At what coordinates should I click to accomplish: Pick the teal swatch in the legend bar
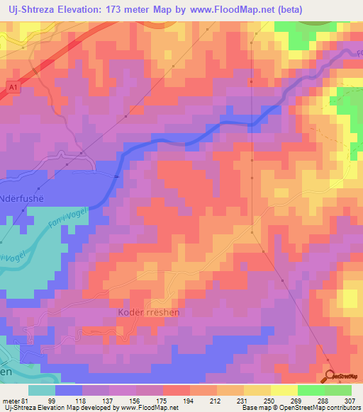pos(41,390)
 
